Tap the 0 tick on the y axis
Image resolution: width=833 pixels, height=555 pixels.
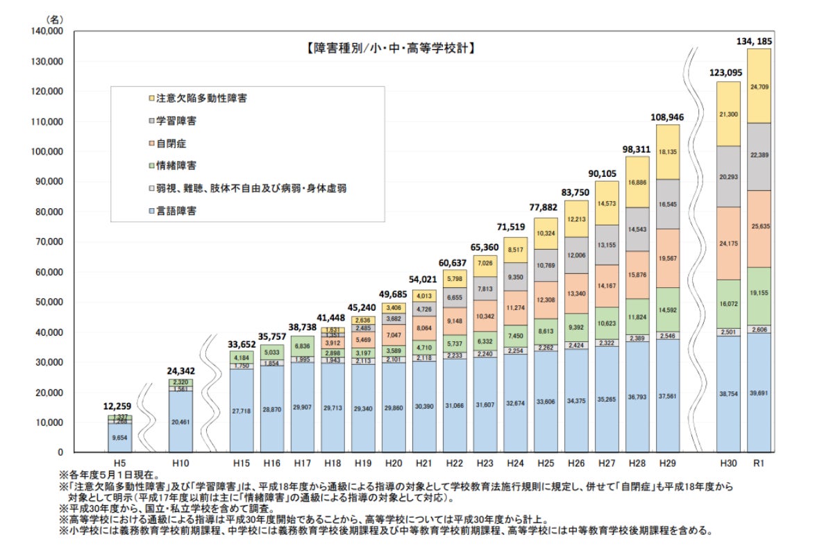click(60, 452)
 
